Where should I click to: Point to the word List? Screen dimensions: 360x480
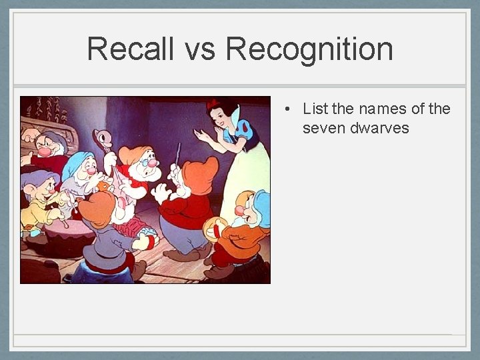pos(315,109)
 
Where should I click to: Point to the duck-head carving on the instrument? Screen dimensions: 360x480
pos(103,137)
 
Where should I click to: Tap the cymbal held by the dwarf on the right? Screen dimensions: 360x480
pos(213,229)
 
